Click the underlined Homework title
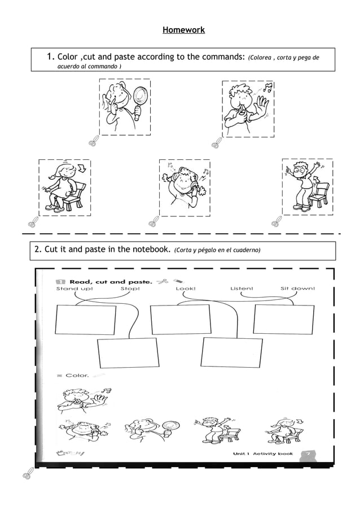183,29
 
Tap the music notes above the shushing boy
267,88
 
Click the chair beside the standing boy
319,195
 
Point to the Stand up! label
74,289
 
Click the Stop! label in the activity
130,289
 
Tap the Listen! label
242,289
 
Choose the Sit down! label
297,289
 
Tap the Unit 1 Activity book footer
263,454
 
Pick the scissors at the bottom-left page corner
27,474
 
